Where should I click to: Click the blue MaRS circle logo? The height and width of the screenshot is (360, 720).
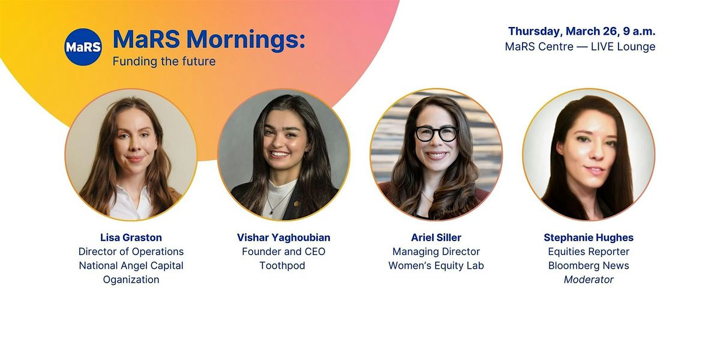(x=83, y=47)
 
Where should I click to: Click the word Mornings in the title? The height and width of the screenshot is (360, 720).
(x=246, y=40)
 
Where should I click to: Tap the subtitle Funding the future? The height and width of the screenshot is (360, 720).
(x=164, y=61)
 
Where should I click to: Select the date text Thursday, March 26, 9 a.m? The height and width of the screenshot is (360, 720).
(x=581, y=31)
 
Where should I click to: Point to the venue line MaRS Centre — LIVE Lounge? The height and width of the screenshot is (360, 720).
(x=580, y=47)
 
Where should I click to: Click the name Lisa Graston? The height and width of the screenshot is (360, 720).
(x=131, y=238)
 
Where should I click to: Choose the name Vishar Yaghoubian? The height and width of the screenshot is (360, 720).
(x=283, y=238)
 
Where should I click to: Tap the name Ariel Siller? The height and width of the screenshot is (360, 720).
(x=436, y=238)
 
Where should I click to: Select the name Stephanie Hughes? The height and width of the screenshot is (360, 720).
(x=589, y=238)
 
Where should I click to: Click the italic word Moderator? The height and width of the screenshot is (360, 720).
(x=589, y=280)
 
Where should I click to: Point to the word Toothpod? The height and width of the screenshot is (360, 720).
(x=282, y=265)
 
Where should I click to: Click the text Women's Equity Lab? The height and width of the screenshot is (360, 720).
(x=436, y=265)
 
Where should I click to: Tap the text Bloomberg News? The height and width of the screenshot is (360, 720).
(x=589, y=265)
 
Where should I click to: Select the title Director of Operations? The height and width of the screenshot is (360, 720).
(x=131, y=251)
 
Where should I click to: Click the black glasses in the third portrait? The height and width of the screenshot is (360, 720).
(x=437, y=134)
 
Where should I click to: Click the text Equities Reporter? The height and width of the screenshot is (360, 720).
(x=589, y=251)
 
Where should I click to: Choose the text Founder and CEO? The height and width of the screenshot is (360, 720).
(x=283, y=251)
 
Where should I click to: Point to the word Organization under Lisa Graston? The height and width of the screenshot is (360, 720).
(x=131, y=280)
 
